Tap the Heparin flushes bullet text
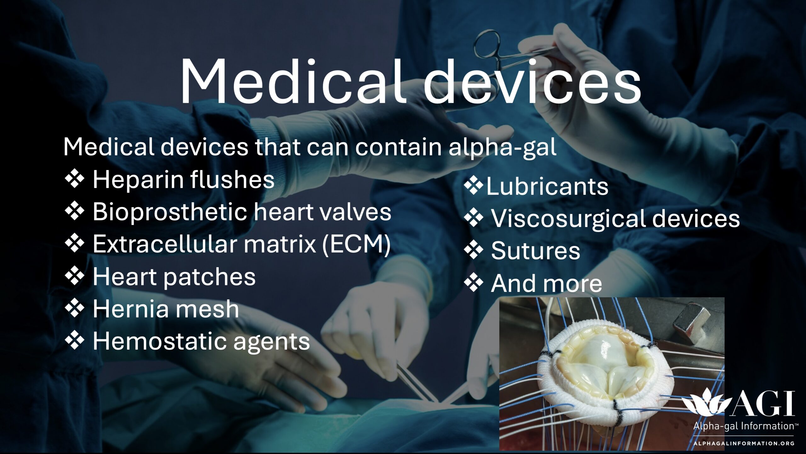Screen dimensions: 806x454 (x=183, y=179)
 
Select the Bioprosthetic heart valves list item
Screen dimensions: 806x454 (x=241, y=212)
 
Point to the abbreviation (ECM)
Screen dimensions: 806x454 (x=356, y=244)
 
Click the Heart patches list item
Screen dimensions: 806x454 (x=174, y=276)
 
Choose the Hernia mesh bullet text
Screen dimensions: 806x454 (x=166, y=309)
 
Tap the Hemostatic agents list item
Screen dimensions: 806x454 (x=201, y=342)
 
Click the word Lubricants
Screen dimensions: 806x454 (x=547, y=187)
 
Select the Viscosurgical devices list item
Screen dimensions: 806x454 (x=615, y=218)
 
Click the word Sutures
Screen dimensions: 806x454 (x=535, y=251)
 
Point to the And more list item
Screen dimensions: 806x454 (x=546, y=283)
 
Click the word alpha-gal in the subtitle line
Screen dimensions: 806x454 (x=502, y=147)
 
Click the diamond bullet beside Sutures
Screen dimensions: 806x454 (x=473, y=251)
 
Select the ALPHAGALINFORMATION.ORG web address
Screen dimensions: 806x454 (x=744, y=444)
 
